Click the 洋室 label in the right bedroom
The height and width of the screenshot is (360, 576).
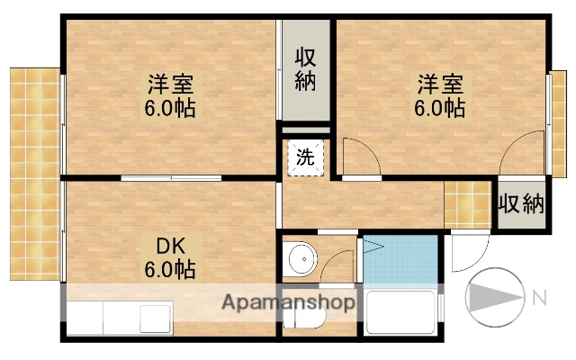tap(440, 86)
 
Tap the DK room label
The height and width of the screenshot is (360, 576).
tap(171, 246)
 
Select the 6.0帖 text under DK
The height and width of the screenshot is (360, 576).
tap(171, 268)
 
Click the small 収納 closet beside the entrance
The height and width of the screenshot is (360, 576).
tap(522, 203)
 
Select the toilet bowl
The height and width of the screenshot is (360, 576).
tap(310, 318)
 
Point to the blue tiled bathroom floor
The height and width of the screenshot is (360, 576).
tap(400, 261)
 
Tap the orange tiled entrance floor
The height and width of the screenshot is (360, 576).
tap(466, 204)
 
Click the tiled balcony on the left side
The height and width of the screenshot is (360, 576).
tap(33, 171)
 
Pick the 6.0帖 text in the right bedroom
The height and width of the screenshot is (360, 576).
tap(440, 110)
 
